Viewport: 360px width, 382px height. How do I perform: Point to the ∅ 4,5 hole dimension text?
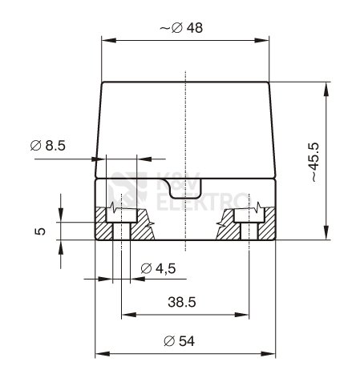158,268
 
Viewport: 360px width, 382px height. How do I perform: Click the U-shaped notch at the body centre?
185,190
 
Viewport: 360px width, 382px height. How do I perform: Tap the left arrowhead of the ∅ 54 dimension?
100,353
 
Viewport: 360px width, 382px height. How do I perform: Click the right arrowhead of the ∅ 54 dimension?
270,353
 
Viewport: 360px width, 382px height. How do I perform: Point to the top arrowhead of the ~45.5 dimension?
326,86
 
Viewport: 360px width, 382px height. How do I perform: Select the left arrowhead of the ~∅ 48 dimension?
106,39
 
